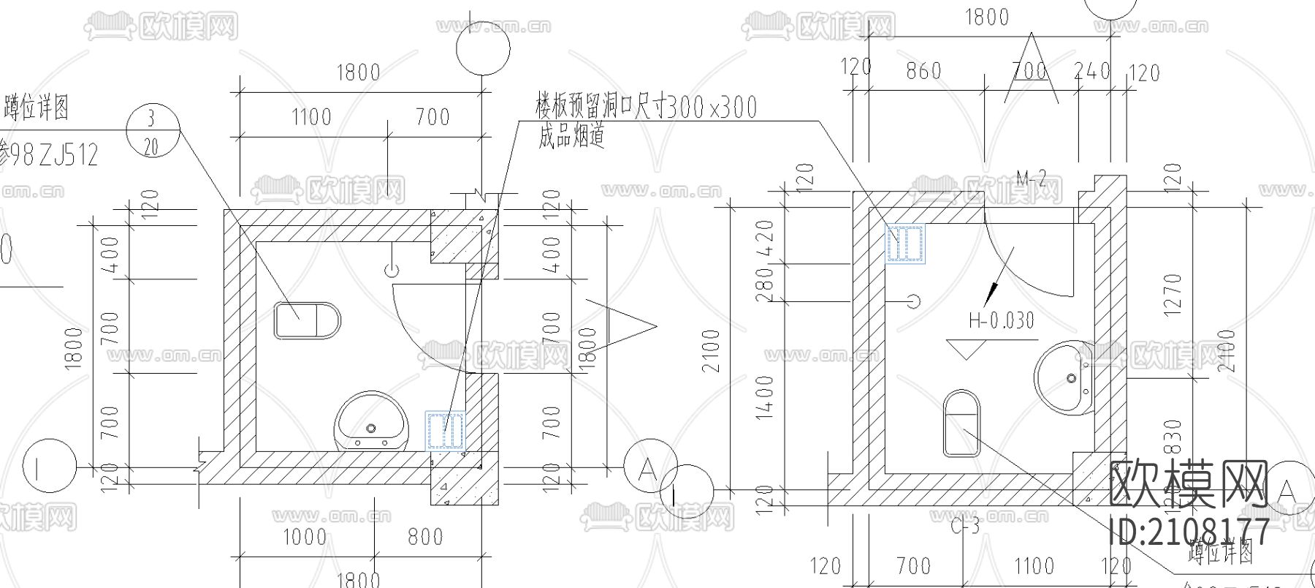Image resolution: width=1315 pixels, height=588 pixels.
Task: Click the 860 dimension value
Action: [923, 72]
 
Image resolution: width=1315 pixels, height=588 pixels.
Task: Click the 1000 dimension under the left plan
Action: [305, 537]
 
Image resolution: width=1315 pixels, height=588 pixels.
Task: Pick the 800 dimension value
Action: [425, 537]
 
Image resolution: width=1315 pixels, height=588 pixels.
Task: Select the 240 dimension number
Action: [1091, 72]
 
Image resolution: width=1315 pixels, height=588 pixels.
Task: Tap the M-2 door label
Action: [1032, 177]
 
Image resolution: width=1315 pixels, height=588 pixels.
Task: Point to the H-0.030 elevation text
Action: [1002, 320]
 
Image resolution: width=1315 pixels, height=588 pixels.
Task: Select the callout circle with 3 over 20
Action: [152, 131]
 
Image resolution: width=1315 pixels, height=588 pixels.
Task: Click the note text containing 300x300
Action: [647, 108]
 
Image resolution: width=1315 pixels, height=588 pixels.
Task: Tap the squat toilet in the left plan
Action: [308, 320]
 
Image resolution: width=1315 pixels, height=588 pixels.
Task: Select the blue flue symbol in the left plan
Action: [446, 430]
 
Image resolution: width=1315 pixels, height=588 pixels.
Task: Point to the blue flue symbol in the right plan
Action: [905, 244]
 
